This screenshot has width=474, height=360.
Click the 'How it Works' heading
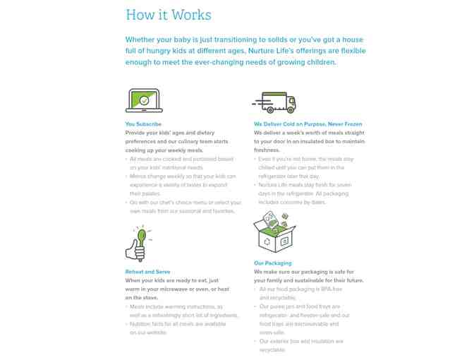point(168,15)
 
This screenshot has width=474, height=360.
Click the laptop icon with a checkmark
point(144,101)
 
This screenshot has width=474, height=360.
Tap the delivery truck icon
point(274,102)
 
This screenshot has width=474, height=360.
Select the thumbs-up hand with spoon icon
point(138,244)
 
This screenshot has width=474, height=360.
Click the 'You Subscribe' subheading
point(143,124)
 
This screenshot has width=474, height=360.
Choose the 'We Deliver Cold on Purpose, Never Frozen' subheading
point(308,124)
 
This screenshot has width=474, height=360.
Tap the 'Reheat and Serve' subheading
point(147,272)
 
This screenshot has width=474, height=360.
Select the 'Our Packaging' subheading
point(272,263)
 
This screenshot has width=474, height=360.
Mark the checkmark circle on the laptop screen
point(144,101)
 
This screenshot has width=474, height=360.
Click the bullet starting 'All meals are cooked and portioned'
point(181,163)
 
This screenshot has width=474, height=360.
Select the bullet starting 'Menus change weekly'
point(183,185)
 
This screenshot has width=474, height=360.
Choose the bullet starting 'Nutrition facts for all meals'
point(178,328)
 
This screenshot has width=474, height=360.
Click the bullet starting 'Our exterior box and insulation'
point(300,345)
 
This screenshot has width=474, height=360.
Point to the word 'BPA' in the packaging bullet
point(305,289)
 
